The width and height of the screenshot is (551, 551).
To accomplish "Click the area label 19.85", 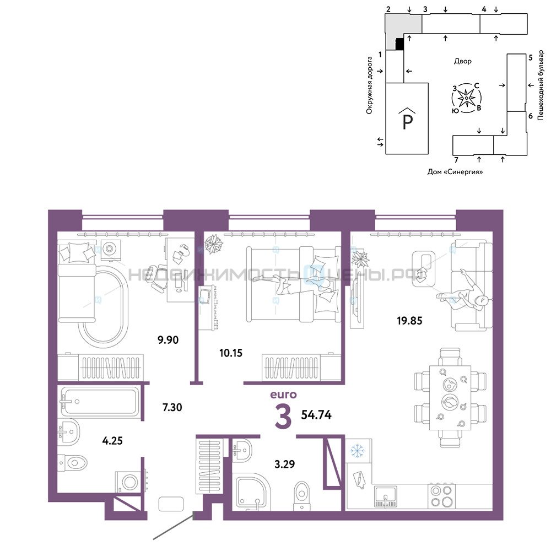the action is click(409, 321).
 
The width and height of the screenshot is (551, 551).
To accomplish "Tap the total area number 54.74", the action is click(316, 415).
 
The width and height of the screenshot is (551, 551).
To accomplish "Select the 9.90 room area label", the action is click(168, 340).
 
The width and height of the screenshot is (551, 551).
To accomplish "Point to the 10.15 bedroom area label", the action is click(231, 353).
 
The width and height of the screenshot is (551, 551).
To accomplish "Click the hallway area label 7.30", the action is click(172, 407).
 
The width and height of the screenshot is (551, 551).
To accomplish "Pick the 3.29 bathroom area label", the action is click(285, 464).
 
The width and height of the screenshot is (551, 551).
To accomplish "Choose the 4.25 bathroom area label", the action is click(112, 441).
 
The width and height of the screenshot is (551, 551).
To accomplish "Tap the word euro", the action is click(283, 395).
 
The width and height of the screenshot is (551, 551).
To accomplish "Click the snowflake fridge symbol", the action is click(357, 451).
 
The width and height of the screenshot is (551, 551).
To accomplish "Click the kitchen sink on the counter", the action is click(386, 496).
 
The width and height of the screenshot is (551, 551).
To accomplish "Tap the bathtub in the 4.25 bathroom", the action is click(100, 401).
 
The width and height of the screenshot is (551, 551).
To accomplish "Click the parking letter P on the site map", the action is click(407, 121).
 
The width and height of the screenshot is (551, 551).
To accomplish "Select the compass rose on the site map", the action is click(466, 98).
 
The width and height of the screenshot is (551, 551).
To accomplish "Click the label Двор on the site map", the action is click(462, 61).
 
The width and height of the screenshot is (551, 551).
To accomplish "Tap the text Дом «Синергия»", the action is click(455, 172).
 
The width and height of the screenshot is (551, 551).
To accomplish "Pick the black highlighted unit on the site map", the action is click(399, 44).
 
